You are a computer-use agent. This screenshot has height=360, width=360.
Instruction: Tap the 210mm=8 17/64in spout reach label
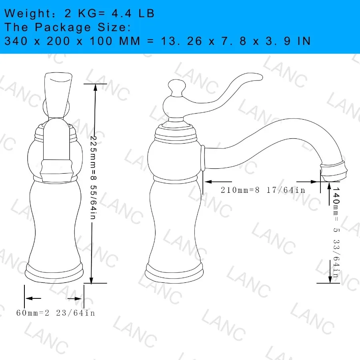(263, 190)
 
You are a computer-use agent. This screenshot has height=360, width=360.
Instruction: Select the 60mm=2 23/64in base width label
(56, 312)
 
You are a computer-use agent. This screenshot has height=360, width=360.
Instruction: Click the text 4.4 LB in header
(132, 13)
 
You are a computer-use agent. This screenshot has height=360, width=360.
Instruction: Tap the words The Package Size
(67, 27)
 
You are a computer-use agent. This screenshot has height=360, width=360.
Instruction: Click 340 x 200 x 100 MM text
(72, 41)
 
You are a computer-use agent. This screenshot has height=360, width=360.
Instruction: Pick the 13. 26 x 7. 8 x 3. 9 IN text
(236, 41)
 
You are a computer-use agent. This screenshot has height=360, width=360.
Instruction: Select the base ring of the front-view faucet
(54, 273)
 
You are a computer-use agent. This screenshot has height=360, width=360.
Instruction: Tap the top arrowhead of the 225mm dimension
(95, 88)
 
